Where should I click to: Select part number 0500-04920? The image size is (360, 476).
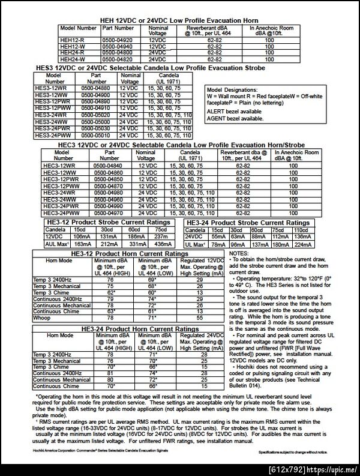[x=118, y=40]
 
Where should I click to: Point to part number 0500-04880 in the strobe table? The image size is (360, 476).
[x=96, y=88]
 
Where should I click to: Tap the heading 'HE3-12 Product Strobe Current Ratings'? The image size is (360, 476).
[x=111, y=222]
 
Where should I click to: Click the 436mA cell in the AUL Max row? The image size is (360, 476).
[x=161, y=244]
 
